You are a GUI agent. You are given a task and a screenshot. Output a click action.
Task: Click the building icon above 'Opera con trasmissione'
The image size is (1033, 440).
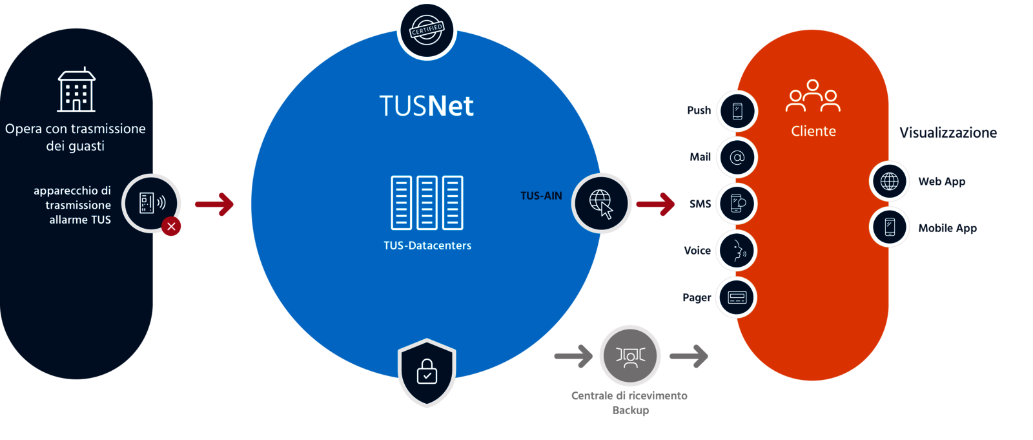coord(76,90)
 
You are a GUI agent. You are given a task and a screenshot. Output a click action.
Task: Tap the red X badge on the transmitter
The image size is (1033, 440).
coord(171,226)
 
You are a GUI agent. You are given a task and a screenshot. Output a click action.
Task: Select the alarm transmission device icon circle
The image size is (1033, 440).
coord(152,203)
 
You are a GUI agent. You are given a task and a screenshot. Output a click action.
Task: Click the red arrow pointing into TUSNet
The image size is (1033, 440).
coord(214,204)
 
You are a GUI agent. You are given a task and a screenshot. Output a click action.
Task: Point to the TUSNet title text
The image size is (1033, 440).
coord(426,106)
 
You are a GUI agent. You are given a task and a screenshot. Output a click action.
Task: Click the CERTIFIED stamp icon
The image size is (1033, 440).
coord(427,30)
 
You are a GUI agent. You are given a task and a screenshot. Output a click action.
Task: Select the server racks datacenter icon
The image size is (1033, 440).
coord(427,202)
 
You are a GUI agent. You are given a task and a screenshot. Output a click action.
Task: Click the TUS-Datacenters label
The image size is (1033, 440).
coord(427,246)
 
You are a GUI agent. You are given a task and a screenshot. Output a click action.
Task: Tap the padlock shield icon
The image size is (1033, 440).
coord(427,372)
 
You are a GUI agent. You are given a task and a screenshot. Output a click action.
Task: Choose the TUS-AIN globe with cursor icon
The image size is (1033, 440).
coord(601,203)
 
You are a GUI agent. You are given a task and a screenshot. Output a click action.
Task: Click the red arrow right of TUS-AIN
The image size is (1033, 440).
coord(655,204)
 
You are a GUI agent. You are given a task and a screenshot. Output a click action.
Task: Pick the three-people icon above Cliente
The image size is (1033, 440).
coord(813,96)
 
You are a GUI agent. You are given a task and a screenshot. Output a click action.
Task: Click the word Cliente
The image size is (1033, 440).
coord(813,131)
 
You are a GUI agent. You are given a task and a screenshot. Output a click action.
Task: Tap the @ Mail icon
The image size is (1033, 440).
coord(737,157)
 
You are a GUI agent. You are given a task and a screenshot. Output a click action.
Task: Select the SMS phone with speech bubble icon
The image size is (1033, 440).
coord(737,204)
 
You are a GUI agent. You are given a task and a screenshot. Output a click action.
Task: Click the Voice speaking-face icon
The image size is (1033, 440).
coord(737,251)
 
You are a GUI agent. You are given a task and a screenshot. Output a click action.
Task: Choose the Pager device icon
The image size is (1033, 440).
coord(737,297)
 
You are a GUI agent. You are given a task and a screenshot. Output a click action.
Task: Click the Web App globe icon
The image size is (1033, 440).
coord(890,181)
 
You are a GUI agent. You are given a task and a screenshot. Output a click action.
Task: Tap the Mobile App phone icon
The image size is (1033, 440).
coord(890,227)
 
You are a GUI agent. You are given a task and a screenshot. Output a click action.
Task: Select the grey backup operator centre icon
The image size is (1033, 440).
coord(630,355)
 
